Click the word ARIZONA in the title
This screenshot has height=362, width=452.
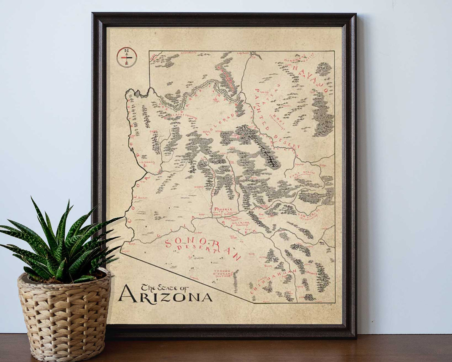[x=166, y=296]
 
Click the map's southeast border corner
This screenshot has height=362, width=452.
[x=334, y=302]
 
